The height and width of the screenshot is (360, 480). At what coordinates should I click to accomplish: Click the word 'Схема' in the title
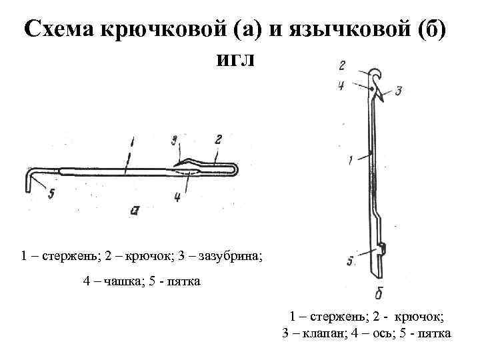[59, 29]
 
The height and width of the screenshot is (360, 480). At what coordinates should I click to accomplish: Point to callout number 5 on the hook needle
[51, 193]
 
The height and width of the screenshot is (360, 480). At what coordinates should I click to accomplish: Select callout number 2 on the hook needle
[218, 139]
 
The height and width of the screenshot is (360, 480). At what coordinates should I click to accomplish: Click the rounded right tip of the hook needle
[236, 169]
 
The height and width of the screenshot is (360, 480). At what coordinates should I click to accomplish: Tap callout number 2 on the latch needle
[341, 65]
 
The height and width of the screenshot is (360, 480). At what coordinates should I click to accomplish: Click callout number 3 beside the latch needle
[398, 91]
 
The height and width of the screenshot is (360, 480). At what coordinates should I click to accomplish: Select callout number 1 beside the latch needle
[351, 159]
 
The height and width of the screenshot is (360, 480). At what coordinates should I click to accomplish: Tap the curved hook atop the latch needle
[376, 73]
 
